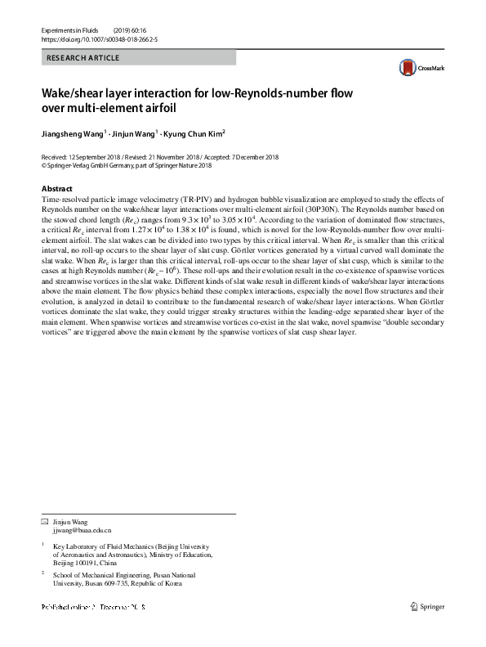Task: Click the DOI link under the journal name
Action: coord(96,38)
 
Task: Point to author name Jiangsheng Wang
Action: coord(73,133)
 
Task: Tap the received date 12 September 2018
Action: coord(93,156)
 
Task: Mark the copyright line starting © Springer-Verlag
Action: coord(126,164)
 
